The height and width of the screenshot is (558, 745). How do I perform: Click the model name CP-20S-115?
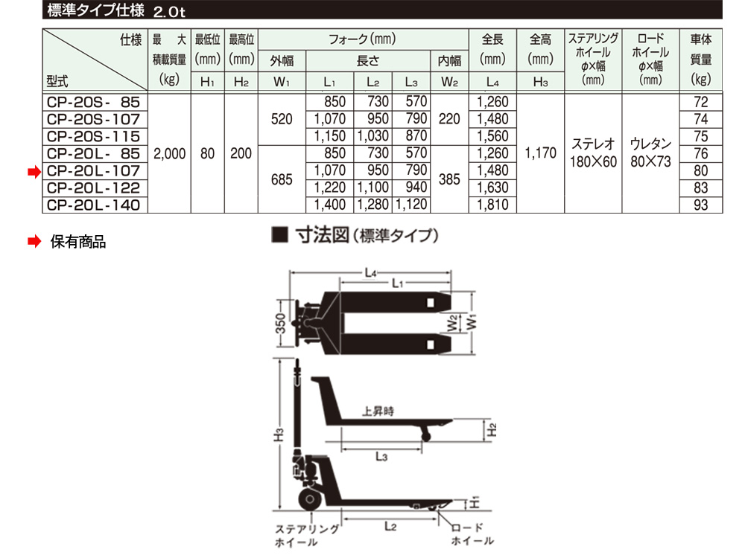[94, 137]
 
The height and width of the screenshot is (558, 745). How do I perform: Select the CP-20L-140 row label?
[94, 205]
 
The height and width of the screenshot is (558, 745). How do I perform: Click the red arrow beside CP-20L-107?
[34, 171]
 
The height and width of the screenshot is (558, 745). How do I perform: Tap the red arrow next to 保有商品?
[34, 242]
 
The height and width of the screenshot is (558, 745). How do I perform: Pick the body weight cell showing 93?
[701, 205]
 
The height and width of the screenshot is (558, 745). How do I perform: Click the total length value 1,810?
[492, 205]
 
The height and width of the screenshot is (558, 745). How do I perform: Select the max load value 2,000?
[170, 154]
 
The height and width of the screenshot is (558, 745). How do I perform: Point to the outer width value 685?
[282, 179]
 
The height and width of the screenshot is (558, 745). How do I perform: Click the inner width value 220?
[449, 118]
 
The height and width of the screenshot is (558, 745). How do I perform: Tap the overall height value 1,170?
[541, 153]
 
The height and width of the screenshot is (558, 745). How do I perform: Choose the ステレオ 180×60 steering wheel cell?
[594, 153]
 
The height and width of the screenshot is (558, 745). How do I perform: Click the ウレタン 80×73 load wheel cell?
[650, 153]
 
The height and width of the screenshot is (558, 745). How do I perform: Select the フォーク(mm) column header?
[363, 39]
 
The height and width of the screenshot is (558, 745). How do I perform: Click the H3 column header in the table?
[541, 82]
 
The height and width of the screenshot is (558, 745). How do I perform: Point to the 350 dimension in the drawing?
[281, 324]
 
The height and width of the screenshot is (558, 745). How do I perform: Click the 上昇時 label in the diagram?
[378, 411]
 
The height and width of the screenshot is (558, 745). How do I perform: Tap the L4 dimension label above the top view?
[371, 273]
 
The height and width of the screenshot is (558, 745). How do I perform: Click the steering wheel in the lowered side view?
[310, 499]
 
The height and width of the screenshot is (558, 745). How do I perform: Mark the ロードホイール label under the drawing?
[472, 533]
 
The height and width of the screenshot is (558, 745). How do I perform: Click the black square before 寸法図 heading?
[280, 235]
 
